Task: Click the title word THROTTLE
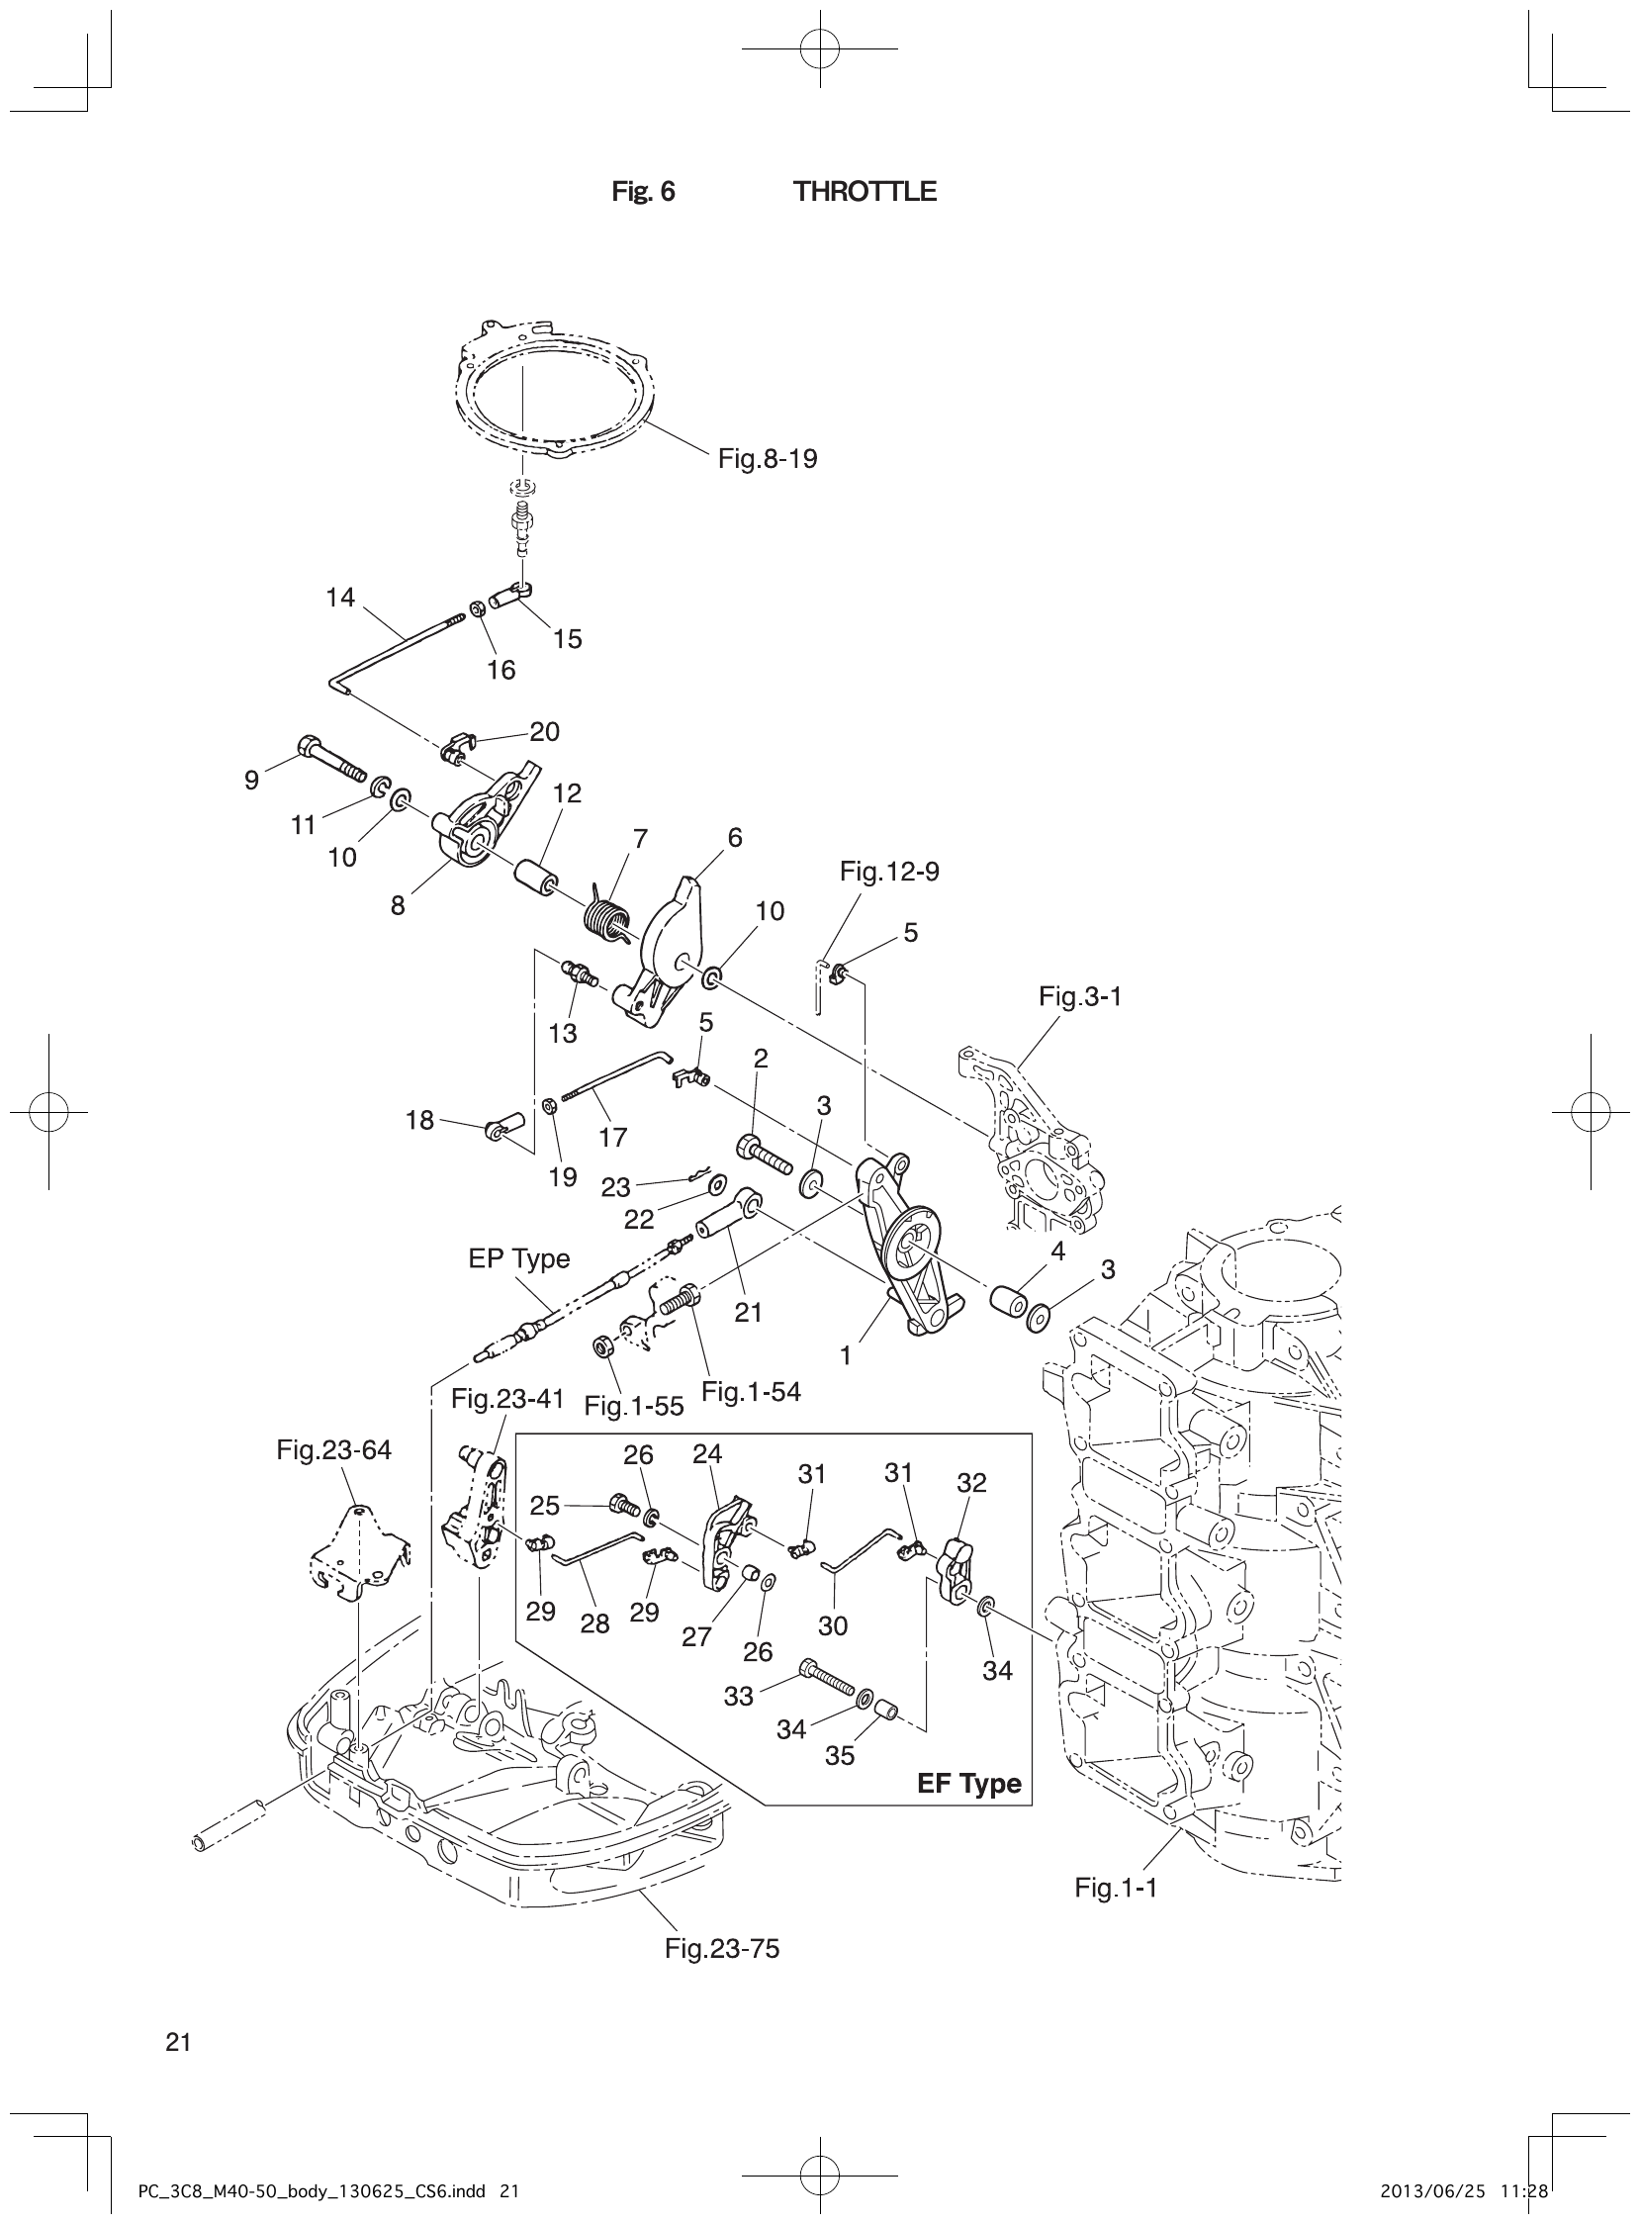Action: click(864, 192)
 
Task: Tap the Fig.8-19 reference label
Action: click(767, 459)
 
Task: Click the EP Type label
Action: click(518, 1259)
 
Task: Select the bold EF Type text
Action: click(968, 1783)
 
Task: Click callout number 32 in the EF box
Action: click(971, 1483)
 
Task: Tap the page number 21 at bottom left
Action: click(178, 2042)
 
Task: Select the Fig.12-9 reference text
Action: click(888, 871)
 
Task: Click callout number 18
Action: click(419, 1120)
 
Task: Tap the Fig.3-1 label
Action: click(1079, 996)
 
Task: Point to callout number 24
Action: click(707, 1454)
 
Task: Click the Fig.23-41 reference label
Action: click(506, 1399)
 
